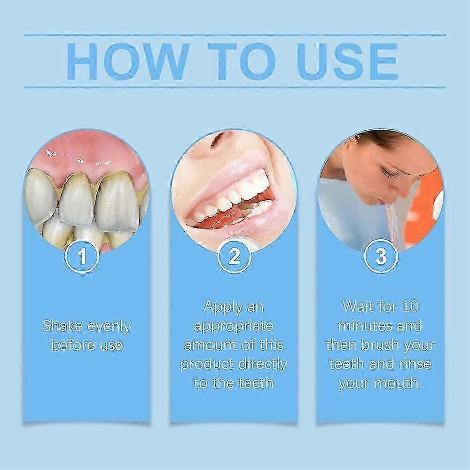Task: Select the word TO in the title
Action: click(239, 61)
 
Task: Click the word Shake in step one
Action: click(60, 326)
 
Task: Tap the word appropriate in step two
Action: click(234, 326)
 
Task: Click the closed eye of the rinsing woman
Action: click(390, 173)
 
